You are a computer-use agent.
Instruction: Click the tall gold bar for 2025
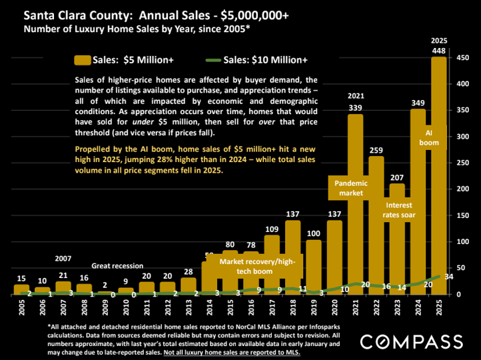pos(439,200)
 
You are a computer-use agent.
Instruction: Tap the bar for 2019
pos(314,267)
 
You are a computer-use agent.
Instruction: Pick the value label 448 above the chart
pos(439,51)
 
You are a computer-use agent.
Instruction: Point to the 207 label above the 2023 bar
pos(397,177)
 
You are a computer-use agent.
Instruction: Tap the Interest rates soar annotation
pos(398,210)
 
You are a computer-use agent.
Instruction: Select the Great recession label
pos(117,265)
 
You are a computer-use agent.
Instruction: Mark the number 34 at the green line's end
pos(448,277)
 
